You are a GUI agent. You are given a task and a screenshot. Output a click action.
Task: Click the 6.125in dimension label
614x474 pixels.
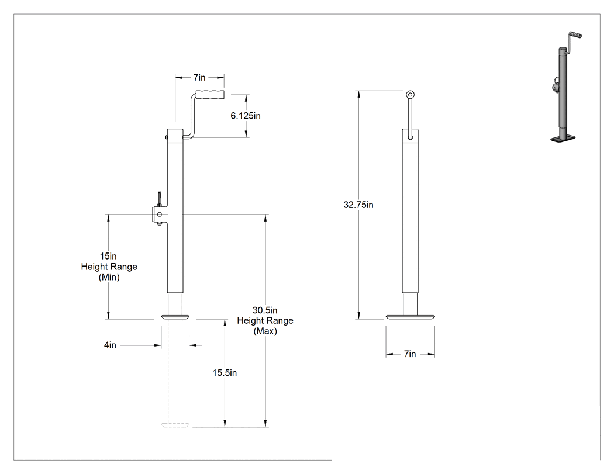click(x=246, y=116)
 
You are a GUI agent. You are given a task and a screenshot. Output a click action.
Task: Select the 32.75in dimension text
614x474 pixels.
click(x=358, y=205)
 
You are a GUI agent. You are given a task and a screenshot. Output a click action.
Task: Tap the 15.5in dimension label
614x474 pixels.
click(x=225, y=373)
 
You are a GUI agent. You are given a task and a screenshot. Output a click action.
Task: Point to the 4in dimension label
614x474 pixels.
click(x=110, y=345)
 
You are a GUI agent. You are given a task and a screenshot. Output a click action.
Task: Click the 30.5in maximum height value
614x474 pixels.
click(x=265, y=310)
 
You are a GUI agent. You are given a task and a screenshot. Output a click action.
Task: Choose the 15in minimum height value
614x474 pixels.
click(x=108, y=256)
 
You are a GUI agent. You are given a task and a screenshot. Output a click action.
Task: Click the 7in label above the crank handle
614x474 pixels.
click(x=199, y=78)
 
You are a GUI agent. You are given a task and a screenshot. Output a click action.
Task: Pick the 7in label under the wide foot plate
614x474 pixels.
click(x=410, y=354)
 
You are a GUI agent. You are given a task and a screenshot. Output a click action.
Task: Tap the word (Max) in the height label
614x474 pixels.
click(x=265, y=331)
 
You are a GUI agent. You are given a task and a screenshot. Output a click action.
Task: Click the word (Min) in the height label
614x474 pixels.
click(x=109, y=277)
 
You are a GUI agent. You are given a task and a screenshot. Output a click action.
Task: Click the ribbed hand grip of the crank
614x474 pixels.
click(x=211, y=94)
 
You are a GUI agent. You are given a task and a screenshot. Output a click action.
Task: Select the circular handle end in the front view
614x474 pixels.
click(x=410, y=94)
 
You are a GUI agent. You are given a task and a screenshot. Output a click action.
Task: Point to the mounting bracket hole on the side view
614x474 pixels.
click(x=160, y=214)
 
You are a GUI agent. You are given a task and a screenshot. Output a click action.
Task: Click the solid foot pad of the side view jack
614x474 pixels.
click(x=175, y=316)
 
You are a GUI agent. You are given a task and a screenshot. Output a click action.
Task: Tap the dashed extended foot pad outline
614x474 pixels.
click(x=175, y=425)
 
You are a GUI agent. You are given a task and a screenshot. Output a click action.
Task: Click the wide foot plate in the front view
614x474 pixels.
click(x=410, y=317)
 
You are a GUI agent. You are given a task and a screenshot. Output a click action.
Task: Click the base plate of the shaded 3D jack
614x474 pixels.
click(x=563, y=138)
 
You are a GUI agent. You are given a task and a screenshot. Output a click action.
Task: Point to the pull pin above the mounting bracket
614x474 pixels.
click(x=160, y=199)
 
